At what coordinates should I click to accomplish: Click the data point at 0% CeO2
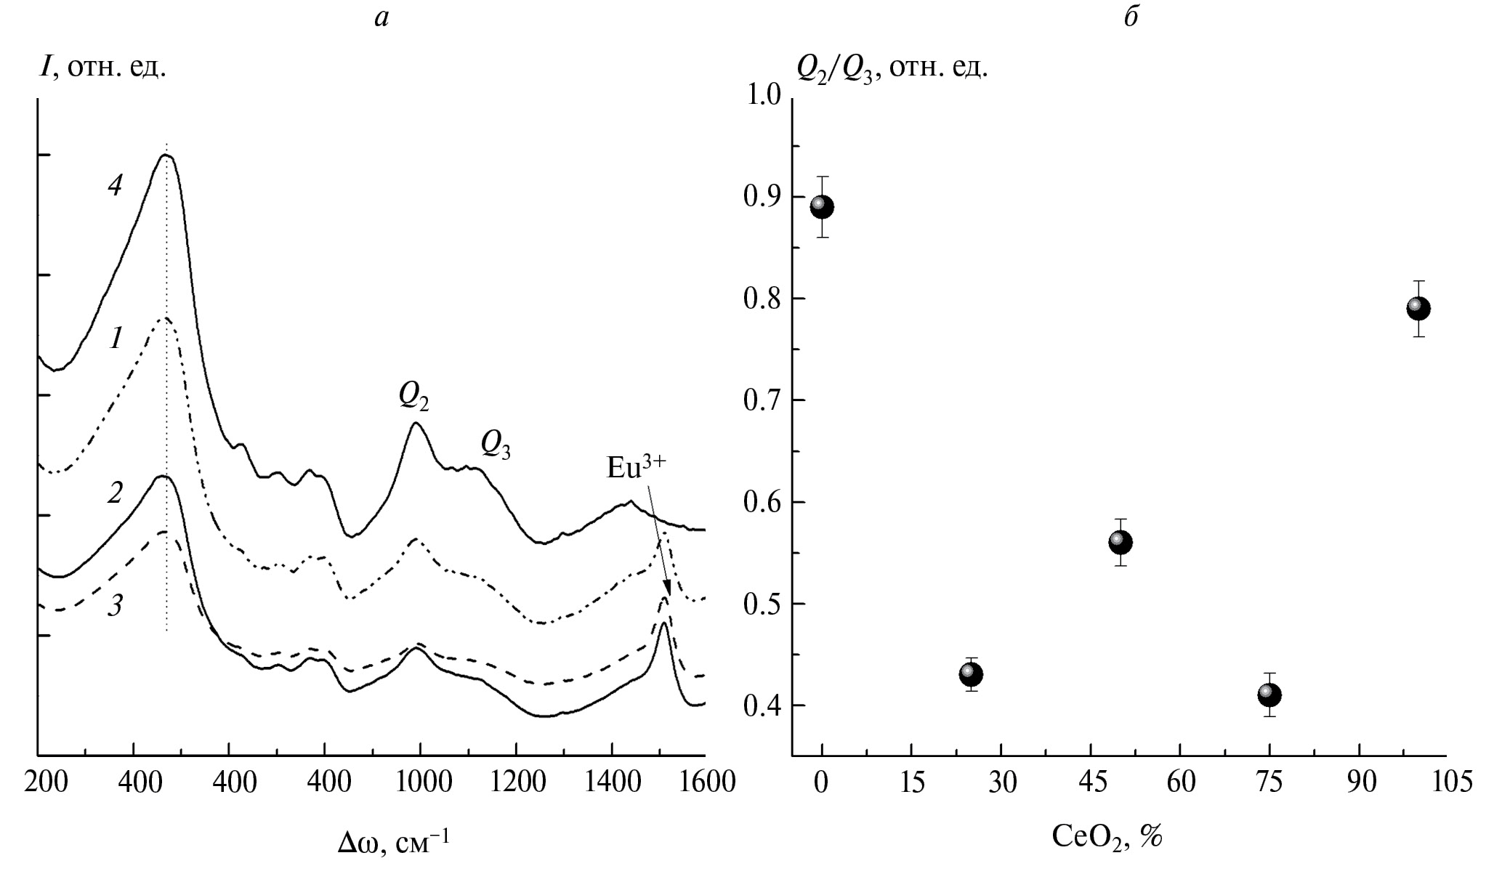pyautogui.click(x=822, y=207)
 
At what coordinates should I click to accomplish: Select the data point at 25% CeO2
pyautogui.click(x=971, y=675)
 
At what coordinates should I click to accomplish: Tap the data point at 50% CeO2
pyautogui.click(x=1121, y=542)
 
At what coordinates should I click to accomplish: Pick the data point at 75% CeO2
pyautogui.click(x=1269, y=695)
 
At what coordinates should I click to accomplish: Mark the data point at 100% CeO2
pyautogui.click(x=1418, y=309)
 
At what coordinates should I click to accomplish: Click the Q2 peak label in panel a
pyautogui.click(x=413, y=396)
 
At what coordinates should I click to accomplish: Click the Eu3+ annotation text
pyautogui.click(x=636, y=468)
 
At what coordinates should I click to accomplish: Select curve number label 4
pyautogui.click(x=115, y=186)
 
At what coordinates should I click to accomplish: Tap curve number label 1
pyautogui.click(x=116, y=338)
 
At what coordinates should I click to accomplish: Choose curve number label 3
pyautogui.click(x=115, y=606)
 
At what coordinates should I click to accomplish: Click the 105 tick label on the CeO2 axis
pyautogui.click(x=1448, y=782)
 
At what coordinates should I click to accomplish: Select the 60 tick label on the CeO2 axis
pyautogui.click(x=1180, y=782)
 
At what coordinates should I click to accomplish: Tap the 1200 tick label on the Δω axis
pyautogui.click(x=516, y=782)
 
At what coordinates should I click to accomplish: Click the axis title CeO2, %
pyautogui.click(x=1107, y=838)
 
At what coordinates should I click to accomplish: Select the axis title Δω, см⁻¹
pyautogui.click(x=393, y=843)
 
